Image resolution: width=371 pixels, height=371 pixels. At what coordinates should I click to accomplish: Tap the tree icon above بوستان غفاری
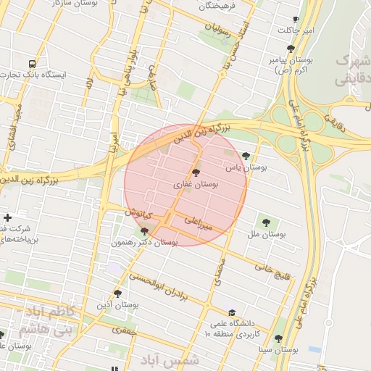click(196, 172)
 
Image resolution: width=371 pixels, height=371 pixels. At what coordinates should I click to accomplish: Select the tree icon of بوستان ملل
click(266, 222)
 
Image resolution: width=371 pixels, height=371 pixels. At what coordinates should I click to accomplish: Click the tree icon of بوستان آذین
click(117, 293)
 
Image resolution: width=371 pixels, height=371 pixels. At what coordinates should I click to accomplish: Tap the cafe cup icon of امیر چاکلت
click(296, 20)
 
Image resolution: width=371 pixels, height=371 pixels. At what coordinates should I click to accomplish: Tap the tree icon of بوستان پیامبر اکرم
click(291, 49)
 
